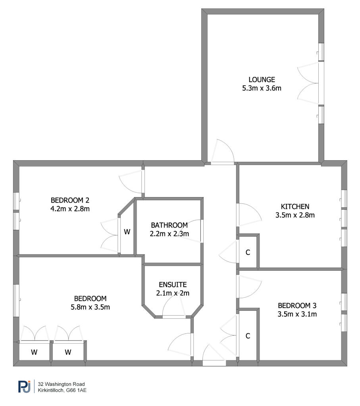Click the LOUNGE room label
pyautogui.click(x=262, y=79)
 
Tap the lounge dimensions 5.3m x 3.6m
pyautogui.click(x=262, y=88)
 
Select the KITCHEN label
pyautogui.click(x=295, y=206)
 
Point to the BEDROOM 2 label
pyautogui.click(x=70, y=200)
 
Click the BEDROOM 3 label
pyautogui.click(x=297, y=306)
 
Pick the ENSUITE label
pyautogui.click(x=173, y=285)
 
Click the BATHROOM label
pyautogui.click(x=169, y=225)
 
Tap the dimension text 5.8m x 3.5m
pyautogui.click(x=90, y=307)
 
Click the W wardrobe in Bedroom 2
pyautogui.click(x=127, y=232)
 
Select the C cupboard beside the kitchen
pyautogui.click(x=248, y=252)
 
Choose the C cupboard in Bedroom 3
pyautogui.click(x=248, y=336)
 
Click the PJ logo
pyautogui.click(x=24, y=387)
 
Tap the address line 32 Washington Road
pyautogui.click(x=62, y=384)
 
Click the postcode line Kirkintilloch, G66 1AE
pyautogui.click(x=62, y=390)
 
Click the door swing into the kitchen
pyautogui.click(x=249, y=214)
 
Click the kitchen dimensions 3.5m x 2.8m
pyautogui.click(x=295, y=215)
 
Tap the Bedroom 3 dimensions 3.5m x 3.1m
pyautogui.click(x=297, y=314)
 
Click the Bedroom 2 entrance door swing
pyautogui.click(x=131, y=182)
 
